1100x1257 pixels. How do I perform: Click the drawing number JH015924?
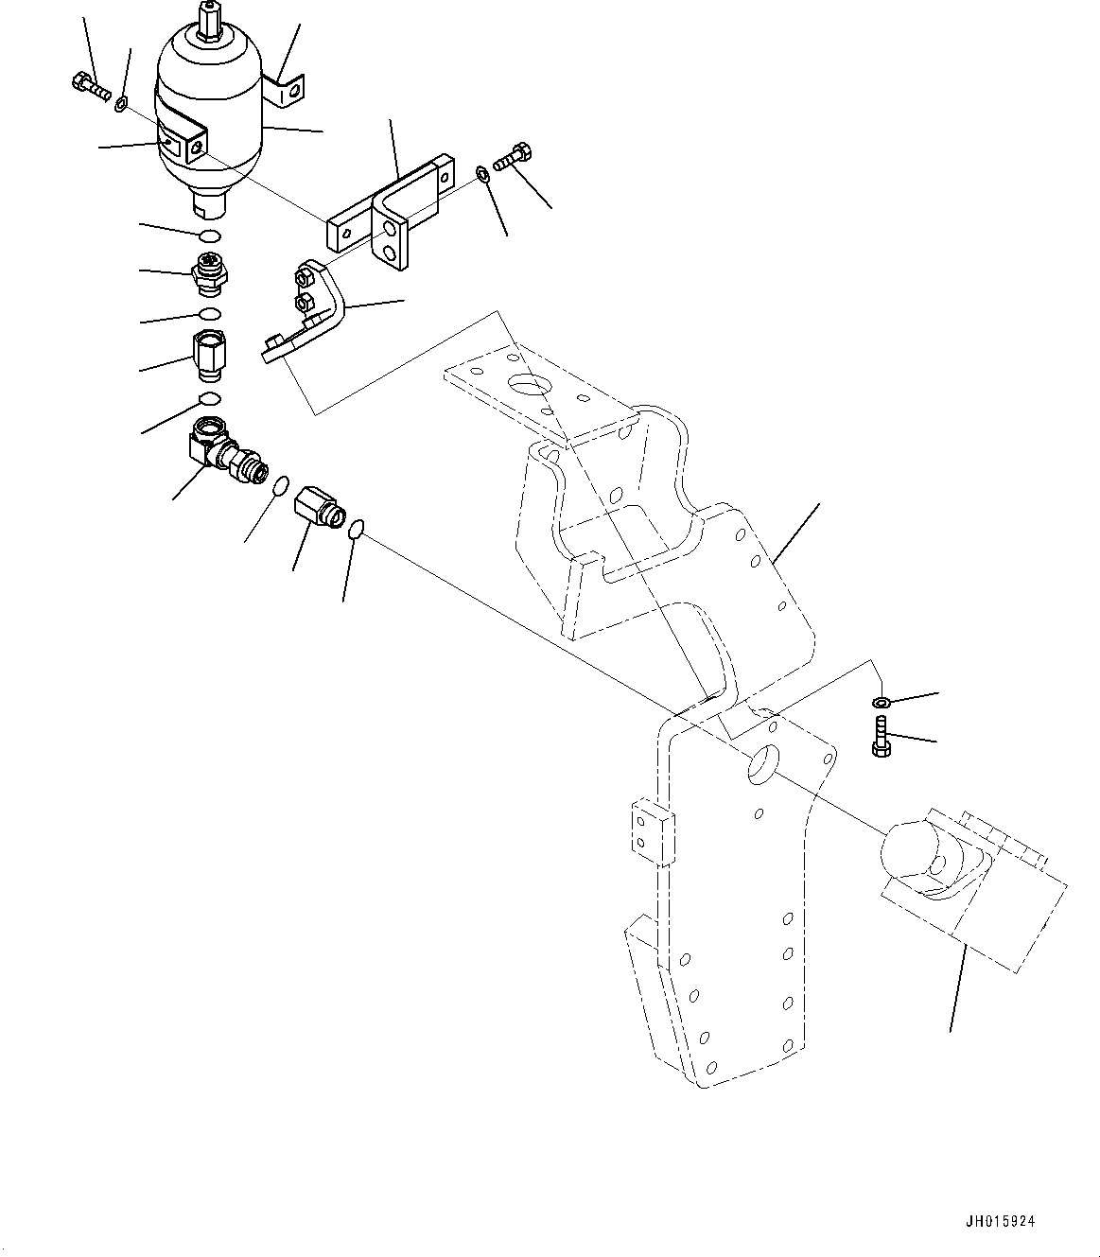[1001, 1221]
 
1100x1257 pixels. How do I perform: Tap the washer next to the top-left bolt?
[122, 100]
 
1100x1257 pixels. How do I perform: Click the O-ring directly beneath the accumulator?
[211, 236]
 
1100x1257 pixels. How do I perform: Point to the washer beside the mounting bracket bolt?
[482, 172]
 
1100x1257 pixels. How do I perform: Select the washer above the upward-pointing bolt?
[880, 702]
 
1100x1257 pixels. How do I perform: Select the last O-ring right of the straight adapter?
[356, 530]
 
